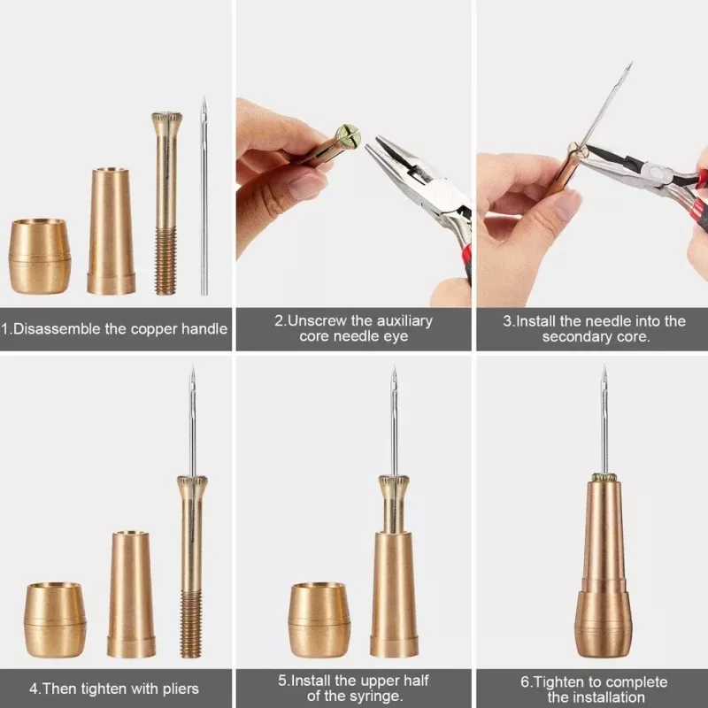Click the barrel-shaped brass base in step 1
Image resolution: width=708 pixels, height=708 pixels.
(x=40, y=257)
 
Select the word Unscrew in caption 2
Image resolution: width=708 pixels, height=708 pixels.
(x=319, y=320)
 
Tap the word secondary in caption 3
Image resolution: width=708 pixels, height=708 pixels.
(x=581, y=337)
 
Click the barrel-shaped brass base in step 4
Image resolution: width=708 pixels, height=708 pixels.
(x=55, y=619)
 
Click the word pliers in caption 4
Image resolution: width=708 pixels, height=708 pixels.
(x=178, y=688)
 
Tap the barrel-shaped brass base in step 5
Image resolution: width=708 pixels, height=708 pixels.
(x=319, y=619)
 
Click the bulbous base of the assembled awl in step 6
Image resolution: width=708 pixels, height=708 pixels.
(x=604, y=624)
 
